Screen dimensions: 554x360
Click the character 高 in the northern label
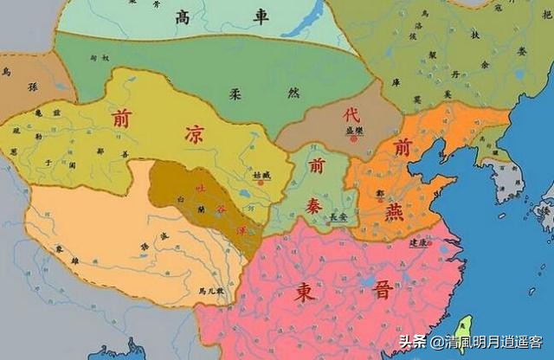(x=183, y=17)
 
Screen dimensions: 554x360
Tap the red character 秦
(x=313, y=204)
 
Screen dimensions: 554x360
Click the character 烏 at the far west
(x=7, y=71)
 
